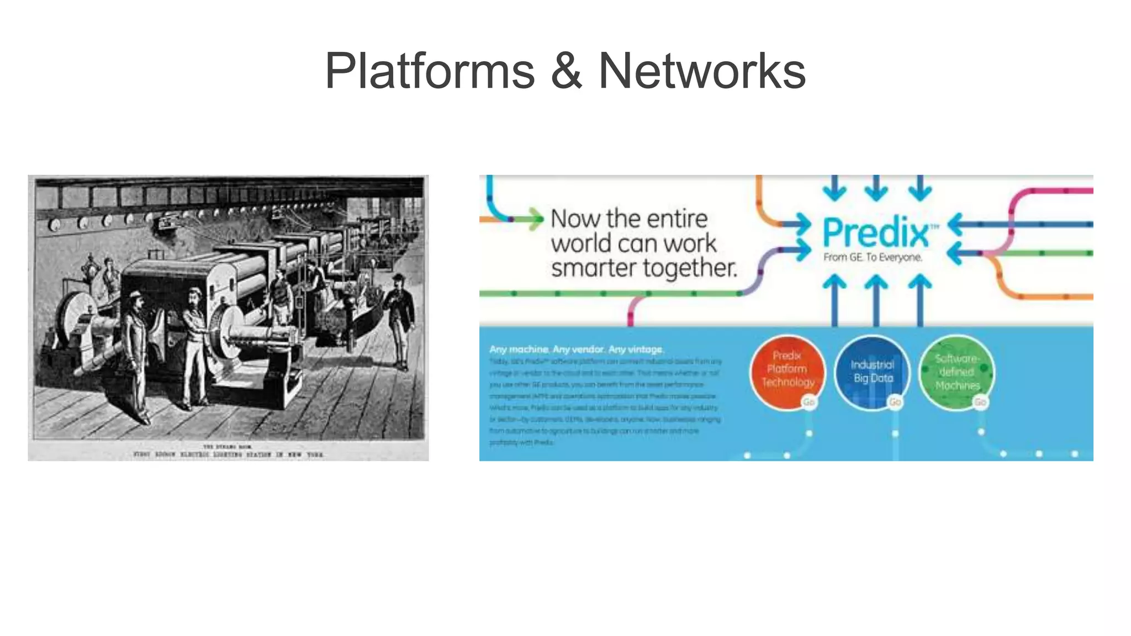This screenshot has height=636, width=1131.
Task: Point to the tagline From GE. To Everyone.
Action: point(873,257)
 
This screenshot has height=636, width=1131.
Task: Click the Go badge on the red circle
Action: point(808,402)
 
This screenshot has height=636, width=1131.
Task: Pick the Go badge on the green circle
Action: point(980,402)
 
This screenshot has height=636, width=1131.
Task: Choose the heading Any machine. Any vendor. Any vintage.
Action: point(576,349)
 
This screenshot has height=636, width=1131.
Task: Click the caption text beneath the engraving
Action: point(228,452)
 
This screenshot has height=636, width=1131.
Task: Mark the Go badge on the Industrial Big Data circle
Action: point(895,402)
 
